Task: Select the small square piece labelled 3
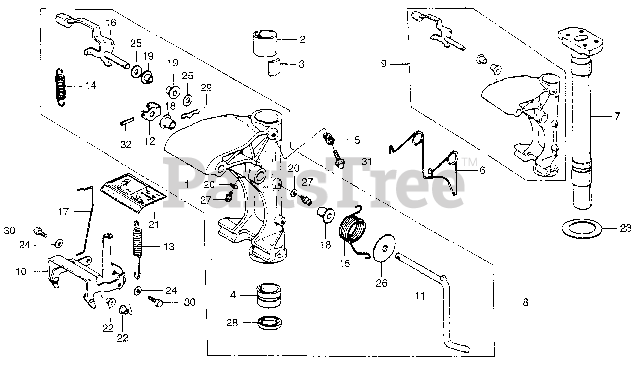click(273, 66)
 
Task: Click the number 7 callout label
click(617, 116)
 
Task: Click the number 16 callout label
click(110, 22)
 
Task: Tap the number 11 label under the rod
click(420, 296)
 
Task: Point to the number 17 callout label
click(63, 212)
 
